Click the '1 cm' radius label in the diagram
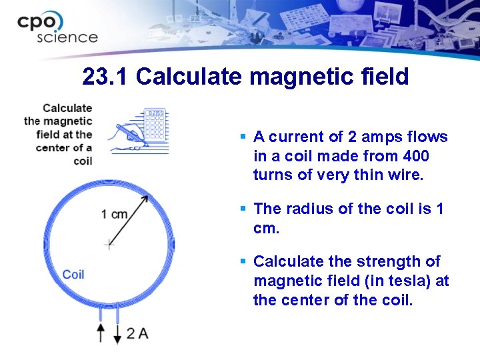coord(115,214)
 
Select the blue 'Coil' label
coord(73,274)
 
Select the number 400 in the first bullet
coord(417,156)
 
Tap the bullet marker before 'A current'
coord(244,137)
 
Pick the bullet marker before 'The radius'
coord(244,209)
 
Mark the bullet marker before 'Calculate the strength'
coord(244,261)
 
